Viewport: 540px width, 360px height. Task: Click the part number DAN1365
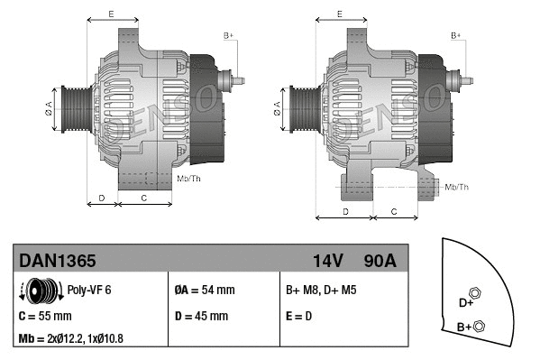pyautogui.click(x=58, y=261)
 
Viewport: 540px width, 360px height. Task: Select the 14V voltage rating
pyautogui.click(x=328, y=261)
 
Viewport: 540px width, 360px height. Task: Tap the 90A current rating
pyautogui.click(x=380, y=261)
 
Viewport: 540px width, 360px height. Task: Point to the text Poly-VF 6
pyautogui.click(x=89, y=291)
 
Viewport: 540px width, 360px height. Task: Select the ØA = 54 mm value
pyautogui.click(x=204, y=291)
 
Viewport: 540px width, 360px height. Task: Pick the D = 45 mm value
pyautogui.click(x=201, y=317)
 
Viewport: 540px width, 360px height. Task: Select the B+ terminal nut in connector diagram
pyautogui.click(x=479, y=327)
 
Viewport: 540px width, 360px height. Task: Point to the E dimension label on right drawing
pyautogui.click(x=339, y=14)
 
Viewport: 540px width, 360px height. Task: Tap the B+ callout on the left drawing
pyautogui.click(x=228, y=35)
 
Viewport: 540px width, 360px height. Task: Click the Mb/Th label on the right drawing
pyautogui.click(x=456, y=187)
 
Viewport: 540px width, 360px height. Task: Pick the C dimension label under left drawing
pyautogui.click(x=143, y=196)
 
